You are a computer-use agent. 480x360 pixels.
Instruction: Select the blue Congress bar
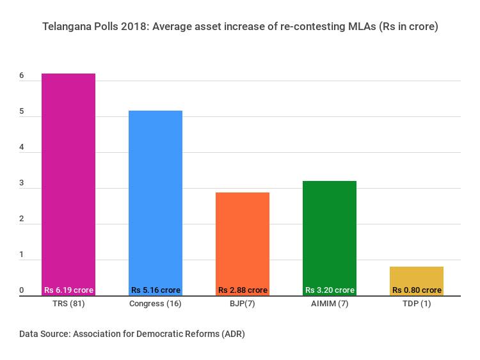(156, 198)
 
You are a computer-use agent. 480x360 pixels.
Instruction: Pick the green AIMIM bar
(330, 233)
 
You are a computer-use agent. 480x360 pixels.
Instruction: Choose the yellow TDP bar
(417, 276)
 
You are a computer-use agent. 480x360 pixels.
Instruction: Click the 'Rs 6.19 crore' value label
(68, 290)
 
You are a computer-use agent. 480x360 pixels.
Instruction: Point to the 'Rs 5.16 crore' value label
(156, 290)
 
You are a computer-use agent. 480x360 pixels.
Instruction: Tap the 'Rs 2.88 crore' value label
(243, 290)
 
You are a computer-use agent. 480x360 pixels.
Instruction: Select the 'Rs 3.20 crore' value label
(330, 290)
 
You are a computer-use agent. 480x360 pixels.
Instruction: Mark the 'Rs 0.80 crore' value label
(417, 290)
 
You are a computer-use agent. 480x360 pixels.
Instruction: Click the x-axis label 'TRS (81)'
(68, 304)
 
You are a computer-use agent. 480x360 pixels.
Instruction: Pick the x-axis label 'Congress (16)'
(156, 304)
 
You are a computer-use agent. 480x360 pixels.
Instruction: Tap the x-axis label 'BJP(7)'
(243, 304)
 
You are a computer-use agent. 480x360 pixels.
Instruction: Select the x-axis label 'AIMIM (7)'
(330, 304)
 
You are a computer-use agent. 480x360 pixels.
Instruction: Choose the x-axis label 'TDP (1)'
(417, 304)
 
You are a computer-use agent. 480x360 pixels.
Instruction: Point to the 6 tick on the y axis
(22, 76)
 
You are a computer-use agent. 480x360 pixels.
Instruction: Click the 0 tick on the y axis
(22, 291)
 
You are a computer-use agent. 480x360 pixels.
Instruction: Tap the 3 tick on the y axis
(22, 184)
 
